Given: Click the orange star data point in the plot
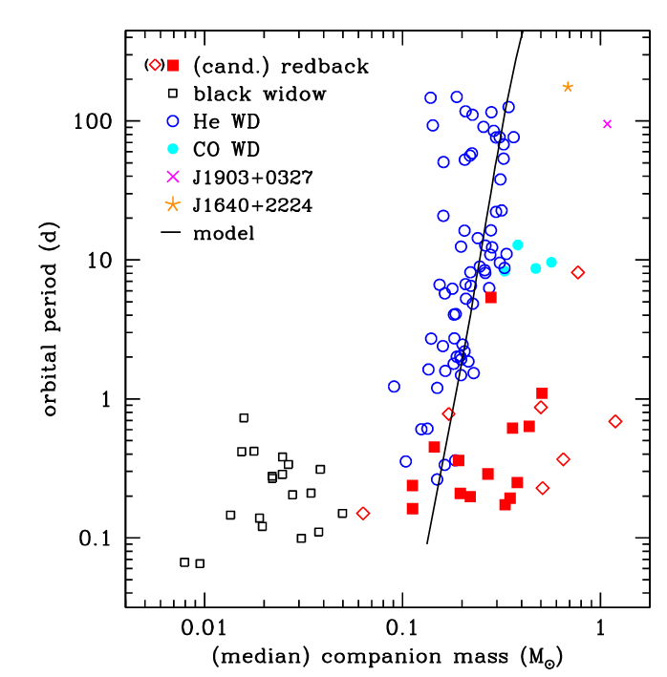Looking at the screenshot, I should pos(568,87).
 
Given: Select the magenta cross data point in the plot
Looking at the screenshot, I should pos(607,124).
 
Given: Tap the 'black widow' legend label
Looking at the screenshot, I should pos(259,94).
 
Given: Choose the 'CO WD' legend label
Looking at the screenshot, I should pos(226,149).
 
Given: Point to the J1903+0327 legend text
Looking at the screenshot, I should pos(251,177).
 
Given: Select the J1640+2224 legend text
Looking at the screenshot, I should pos(251,204).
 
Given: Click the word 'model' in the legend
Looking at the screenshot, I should pos(223,232).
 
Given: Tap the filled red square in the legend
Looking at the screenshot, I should pos(173,65).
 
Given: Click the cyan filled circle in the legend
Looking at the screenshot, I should pos(173,149).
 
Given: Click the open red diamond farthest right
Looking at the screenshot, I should pos(615,421).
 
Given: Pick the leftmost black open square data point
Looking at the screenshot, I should pos(184,562).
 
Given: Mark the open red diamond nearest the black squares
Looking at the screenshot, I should pos(363,514).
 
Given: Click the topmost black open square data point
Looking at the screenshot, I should pos(244,418).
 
